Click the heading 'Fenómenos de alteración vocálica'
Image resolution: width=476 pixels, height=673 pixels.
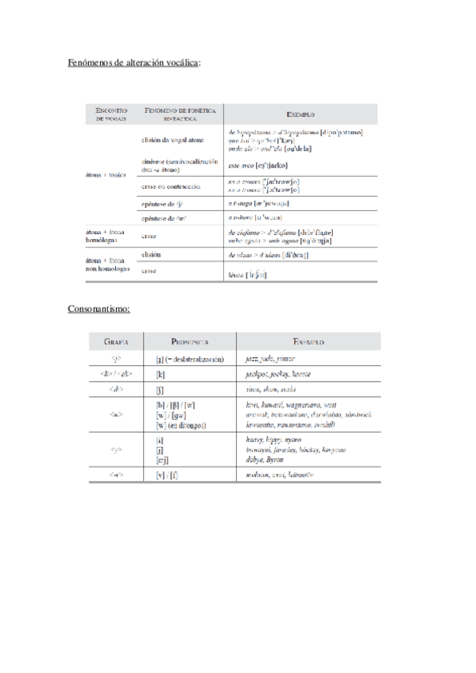coord(134,61)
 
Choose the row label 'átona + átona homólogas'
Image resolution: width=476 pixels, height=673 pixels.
coord(105,235)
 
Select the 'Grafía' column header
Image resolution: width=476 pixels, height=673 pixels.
coord(116,341)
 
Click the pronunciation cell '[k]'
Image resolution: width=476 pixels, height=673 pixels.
coord(161,374)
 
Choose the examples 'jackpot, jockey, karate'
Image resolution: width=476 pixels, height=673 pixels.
coord(277,374)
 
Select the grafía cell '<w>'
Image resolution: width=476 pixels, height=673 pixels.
coord(116,414)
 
